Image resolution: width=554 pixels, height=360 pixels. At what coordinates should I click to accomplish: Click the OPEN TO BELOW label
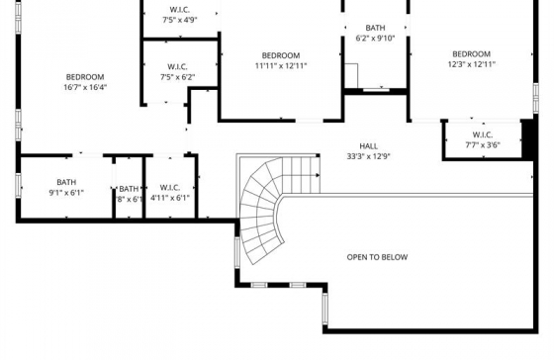coord(377,257)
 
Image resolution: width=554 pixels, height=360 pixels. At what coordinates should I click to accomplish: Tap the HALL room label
coord(368,146)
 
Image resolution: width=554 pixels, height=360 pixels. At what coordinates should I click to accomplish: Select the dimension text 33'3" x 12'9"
coord(368,156)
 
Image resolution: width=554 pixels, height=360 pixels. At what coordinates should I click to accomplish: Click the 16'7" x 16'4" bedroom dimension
coord(85,87)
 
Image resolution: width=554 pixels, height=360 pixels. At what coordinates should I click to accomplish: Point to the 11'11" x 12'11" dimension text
coord(281,65)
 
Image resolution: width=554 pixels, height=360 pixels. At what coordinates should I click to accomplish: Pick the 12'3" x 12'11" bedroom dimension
coord(472,64)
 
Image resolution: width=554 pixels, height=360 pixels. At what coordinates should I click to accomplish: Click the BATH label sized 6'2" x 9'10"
coord(375,28)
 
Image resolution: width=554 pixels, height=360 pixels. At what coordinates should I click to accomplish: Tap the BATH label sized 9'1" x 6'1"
coord(66,182)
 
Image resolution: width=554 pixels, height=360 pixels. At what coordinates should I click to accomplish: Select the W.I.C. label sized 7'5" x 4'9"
coord(179,10)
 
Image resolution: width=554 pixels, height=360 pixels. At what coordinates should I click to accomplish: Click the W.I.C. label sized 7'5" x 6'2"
coord(177,67)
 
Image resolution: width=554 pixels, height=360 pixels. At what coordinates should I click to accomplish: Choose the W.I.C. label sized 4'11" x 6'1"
coord(170,188)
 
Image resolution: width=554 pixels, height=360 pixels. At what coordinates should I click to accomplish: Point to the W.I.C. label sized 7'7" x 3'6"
coord(483,135)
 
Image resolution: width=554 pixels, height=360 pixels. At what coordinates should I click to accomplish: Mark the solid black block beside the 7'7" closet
coord(527,139)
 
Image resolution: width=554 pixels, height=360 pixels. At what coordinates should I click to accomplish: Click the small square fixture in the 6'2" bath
coord(351,75)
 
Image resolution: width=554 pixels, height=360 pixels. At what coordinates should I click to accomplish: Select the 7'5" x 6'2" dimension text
coord(178,77)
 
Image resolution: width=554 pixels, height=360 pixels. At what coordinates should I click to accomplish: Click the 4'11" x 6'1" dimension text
coord(170,198)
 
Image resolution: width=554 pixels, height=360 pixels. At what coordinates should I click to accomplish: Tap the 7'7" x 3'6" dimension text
coord(483,144)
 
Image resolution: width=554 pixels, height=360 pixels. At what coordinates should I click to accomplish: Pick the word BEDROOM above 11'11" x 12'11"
coord(281,55)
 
